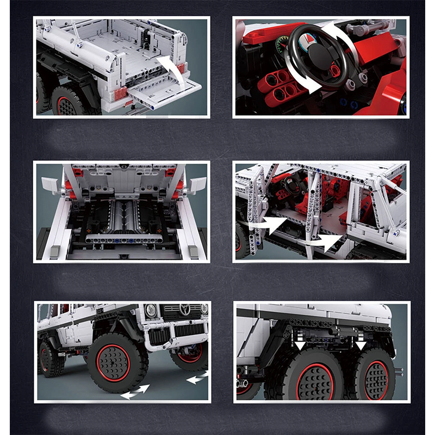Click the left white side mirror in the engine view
tap(51, 185)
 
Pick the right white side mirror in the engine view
tap(197, 184)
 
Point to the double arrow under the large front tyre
tap(135, 391)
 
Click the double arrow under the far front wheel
tap(196, 377)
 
